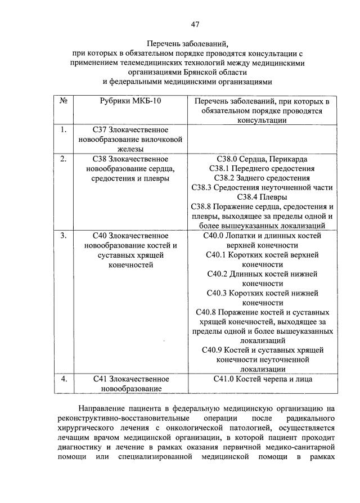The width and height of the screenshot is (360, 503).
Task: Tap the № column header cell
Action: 64,101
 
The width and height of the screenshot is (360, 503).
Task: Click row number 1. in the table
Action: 64,130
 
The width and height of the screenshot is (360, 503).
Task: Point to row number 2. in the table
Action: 64,159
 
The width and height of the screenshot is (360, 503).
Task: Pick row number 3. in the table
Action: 64,235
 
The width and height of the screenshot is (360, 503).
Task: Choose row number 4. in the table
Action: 64,379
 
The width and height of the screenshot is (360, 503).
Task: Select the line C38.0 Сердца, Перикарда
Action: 262,159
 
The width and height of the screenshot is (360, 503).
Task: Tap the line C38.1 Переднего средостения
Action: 262,168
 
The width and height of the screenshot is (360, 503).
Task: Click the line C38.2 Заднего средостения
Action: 262,178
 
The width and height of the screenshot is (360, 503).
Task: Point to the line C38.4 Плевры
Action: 262,197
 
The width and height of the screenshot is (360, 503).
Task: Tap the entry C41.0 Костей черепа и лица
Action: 262,379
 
